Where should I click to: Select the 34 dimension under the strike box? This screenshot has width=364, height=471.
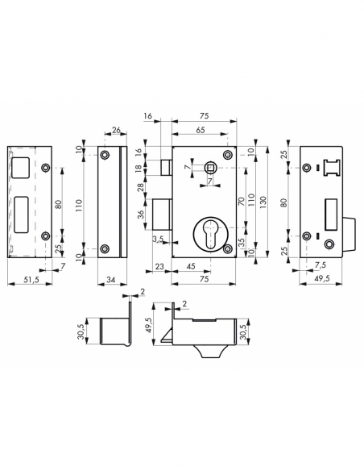110,278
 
